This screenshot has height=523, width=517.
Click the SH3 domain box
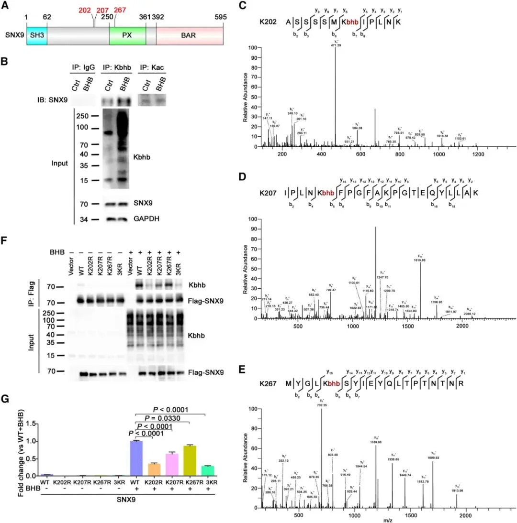[36, 36]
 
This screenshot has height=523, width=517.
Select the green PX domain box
[127, 36]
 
